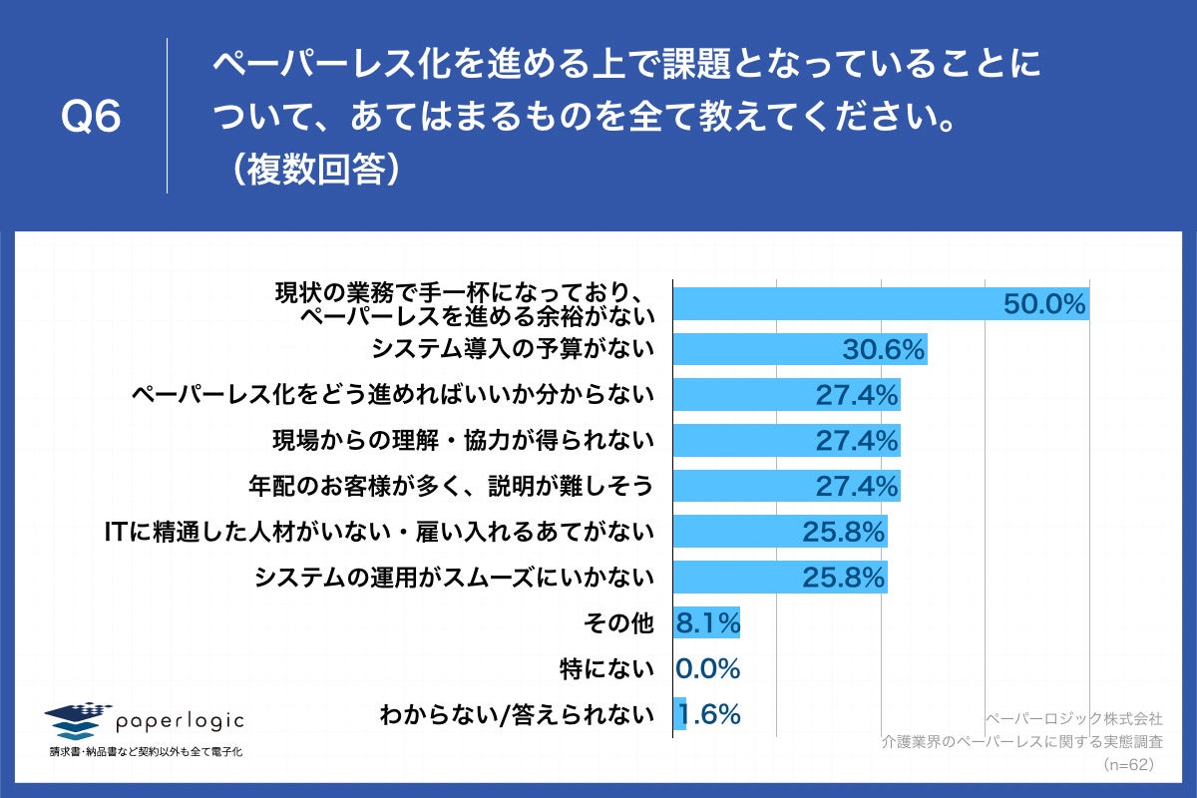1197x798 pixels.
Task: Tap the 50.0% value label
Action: tap(1043, 305)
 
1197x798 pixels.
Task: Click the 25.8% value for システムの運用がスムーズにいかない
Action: tap(844, 578)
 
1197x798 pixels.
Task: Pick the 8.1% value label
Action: tap(708, 623)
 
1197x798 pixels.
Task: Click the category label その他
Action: tap(618, 623)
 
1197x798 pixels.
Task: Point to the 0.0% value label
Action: tap(708, 668)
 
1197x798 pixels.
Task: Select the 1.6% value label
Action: tap(709, 714)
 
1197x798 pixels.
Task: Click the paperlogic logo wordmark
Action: tap(180, 720)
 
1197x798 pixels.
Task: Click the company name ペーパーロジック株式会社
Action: tap(1073, 718)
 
